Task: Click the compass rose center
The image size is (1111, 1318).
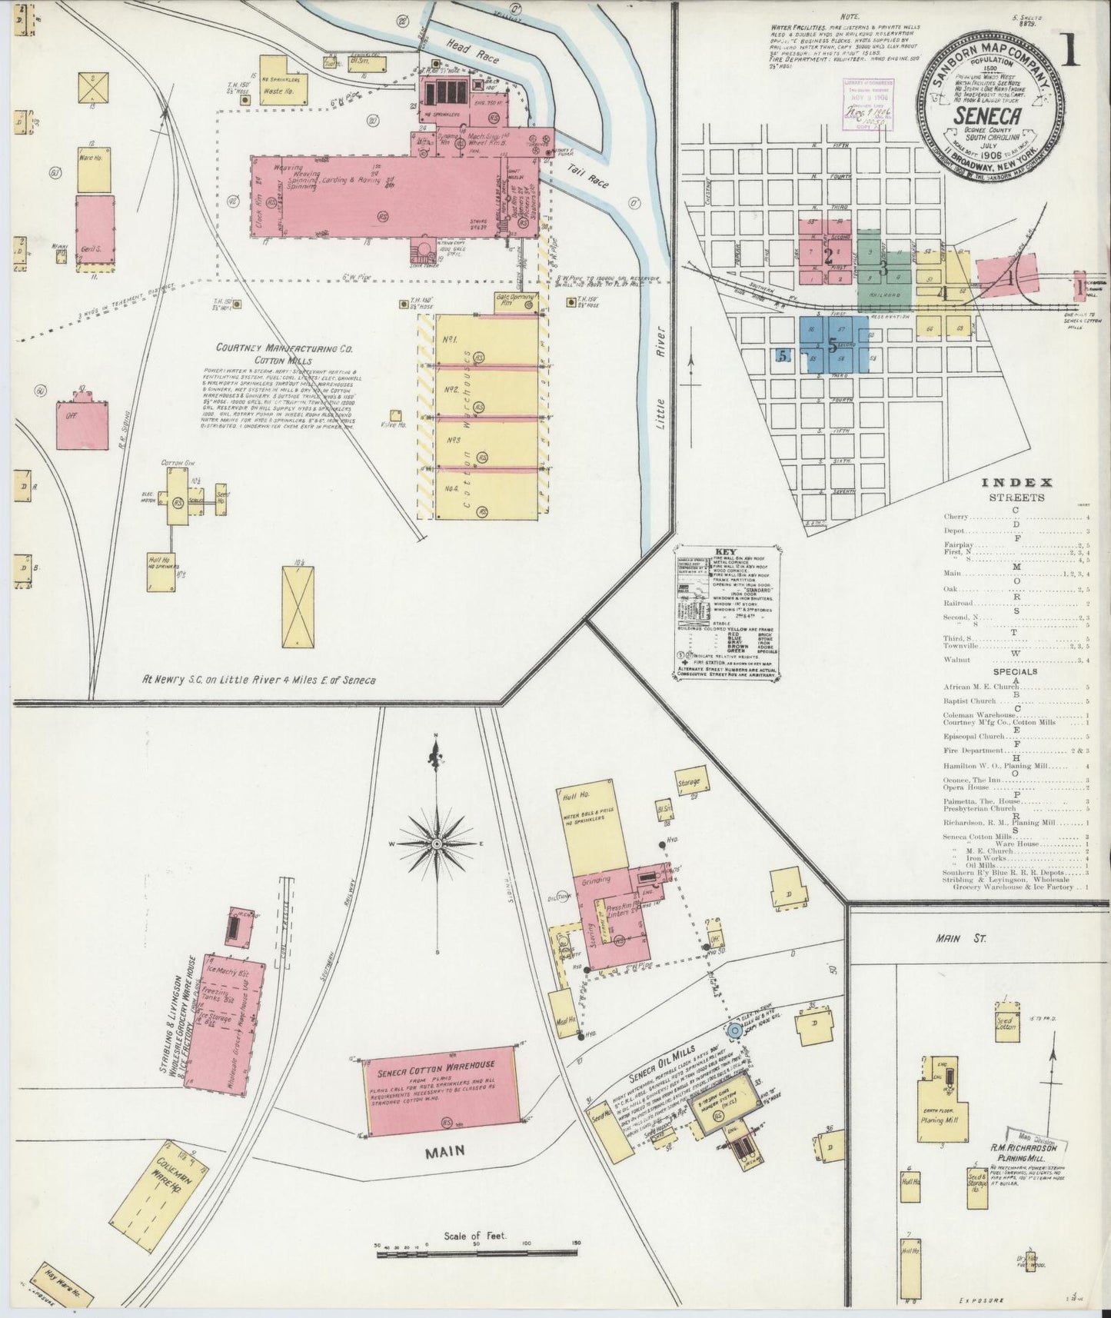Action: [x=436, y=844]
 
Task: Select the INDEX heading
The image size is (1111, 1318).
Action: [x=1015, y=482]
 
